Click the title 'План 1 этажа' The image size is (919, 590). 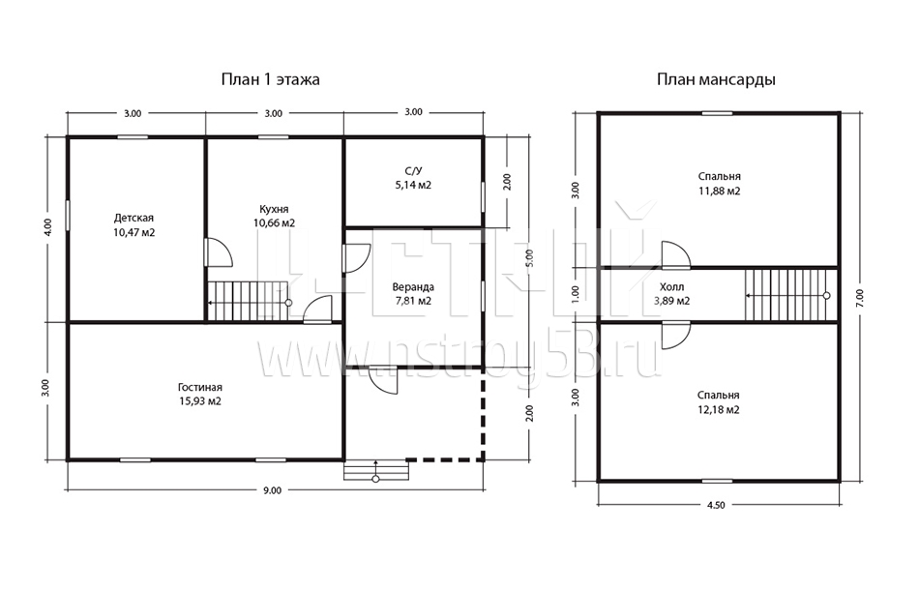tap(270, 79)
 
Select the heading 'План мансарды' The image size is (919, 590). tap(716, 79)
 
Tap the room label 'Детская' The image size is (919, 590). tap(133, 218)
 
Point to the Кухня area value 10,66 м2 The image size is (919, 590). tap(274, 223)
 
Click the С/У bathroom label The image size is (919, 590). tap(413, 171)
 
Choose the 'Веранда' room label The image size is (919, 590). tap(413, 287)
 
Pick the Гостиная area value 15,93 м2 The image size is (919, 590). tap(200, 401)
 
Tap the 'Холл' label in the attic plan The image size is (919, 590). tap(671, 287)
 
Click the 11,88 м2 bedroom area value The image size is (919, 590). tap(719, 191)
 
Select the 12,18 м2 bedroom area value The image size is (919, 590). tap(719, 410)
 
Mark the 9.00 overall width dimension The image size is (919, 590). tap(273, 490)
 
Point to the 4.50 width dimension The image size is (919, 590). tap(716, 505)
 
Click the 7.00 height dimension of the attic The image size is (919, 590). tap(860, 298)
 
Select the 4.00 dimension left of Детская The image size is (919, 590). tap(48, 227)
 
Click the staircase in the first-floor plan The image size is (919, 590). tap(249, 301)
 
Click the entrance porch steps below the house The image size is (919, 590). tap(375, 470)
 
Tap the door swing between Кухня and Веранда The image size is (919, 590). tap(356, 258)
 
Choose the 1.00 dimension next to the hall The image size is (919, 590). tap(575, 292)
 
